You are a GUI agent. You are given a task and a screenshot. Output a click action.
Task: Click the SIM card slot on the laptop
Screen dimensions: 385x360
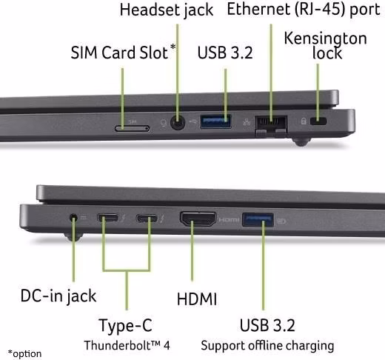coord(132,128)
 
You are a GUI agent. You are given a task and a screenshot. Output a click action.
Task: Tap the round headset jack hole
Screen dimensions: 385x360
coord(178,122)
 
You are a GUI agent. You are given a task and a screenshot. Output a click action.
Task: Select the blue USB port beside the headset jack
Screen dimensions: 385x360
coord(215,121)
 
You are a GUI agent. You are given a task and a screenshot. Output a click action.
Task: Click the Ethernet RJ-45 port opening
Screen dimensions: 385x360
coord(271,123)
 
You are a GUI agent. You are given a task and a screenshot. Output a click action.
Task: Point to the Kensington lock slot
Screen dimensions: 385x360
coord(318,121)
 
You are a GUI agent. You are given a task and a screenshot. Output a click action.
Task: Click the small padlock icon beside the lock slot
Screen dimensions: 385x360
coord(304,121)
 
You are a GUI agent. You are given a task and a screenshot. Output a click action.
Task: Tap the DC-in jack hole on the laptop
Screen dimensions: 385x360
coord(73,218)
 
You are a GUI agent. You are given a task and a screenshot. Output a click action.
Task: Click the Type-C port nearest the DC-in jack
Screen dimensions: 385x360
coord(107,218)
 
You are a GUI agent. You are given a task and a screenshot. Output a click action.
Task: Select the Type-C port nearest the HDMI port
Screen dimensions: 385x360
coord(147,219)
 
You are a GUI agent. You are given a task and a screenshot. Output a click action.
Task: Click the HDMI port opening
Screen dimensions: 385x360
coord(198,219)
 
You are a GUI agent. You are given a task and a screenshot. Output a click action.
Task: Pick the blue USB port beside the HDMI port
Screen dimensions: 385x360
coord(258,220)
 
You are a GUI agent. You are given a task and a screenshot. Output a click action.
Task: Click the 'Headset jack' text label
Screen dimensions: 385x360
coord(167,10)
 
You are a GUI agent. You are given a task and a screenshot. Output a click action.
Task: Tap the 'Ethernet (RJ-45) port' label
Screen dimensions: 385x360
coord(304,10)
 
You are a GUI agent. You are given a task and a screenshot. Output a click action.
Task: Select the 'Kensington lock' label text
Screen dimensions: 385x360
coord(326,45)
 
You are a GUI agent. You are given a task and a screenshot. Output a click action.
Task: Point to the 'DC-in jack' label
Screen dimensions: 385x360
coord(58,296)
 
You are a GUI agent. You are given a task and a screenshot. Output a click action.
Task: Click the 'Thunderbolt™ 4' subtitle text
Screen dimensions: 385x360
coord(127,345)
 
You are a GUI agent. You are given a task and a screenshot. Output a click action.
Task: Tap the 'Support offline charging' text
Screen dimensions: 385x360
coord(267,345)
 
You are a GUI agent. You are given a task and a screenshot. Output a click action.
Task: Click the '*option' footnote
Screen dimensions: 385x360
coord(24,354)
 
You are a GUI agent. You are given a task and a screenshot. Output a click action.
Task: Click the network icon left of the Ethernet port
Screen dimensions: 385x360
coord(247,121)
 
